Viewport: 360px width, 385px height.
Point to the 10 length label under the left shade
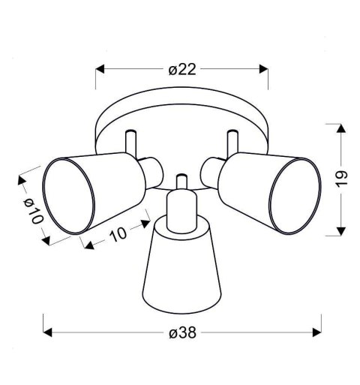coord(117,236)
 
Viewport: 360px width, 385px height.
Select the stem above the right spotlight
coord(231,141)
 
